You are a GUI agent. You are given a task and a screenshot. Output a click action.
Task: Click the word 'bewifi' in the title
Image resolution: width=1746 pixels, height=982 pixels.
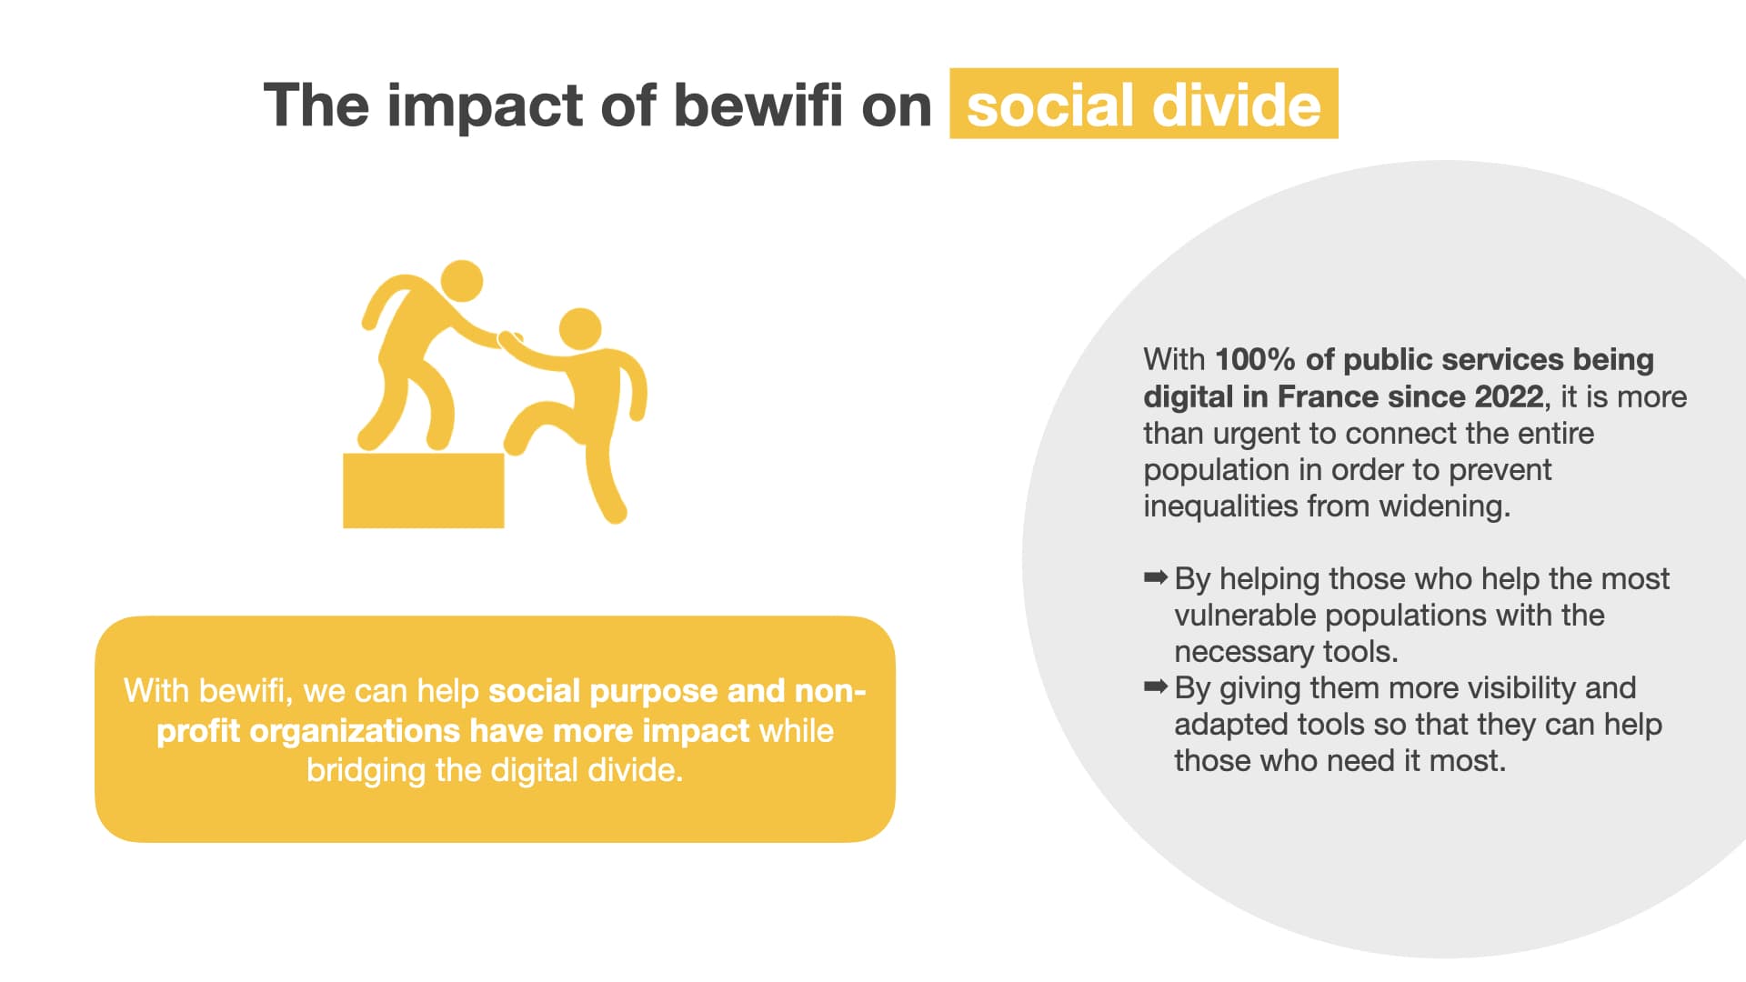(x=758, y=105)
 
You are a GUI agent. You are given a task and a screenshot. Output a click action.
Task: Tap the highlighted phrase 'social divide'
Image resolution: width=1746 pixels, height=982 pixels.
(x=1143, y=105)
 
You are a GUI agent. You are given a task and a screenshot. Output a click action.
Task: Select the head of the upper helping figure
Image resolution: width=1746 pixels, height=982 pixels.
(x=462, y=281)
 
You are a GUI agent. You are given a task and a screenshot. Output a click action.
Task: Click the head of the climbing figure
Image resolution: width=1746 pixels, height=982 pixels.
(x=580, y=329)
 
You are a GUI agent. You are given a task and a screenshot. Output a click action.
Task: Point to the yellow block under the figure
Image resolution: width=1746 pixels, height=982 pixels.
(x=423, y=490)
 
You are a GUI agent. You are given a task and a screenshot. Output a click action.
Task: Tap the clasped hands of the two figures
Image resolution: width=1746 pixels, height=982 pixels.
(x=510, y=339)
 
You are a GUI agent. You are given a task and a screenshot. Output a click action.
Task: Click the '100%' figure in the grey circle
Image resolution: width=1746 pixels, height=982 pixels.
(x=1255, y=360)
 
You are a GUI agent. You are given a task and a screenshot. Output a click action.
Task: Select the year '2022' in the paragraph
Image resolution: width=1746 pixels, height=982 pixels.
(x=1509, y=396)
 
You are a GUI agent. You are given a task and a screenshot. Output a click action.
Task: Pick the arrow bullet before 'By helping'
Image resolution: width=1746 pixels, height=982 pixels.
(x=1155, y=576)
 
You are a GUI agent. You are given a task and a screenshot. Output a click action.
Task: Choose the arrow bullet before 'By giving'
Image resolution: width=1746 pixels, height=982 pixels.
(x=1155, y=686)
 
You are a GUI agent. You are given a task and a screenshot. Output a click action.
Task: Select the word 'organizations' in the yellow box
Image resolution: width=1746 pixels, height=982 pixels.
(x=355, y=731)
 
